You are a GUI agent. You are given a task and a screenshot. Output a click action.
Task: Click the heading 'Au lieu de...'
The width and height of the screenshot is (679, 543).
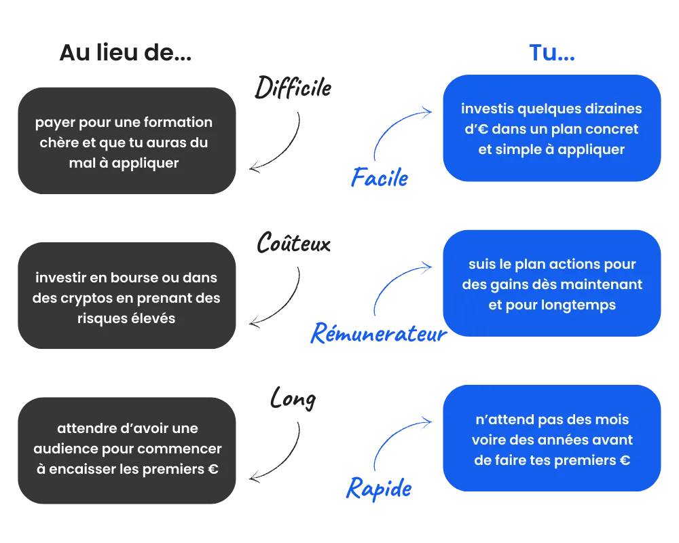pyautogui.click(x=125, y=53)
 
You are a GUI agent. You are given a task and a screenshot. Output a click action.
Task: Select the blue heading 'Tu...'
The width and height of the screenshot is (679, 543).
pyautogui.click(x=552, y=53)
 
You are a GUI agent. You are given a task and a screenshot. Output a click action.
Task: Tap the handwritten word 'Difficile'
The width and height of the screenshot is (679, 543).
pyautogui.click(x=293, y=88)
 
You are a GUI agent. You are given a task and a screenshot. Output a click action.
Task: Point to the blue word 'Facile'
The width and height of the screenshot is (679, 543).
pyautogui.click(x=380, y=178)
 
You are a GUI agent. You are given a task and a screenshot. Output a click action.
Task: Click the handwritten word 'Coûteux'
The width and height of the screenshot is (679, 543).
pyautogui.click(x=293, y=242)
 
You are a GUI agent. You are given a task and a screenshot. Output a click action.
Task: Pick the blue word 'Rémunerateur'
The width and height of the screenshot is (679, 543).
pyautogui.click(x=378, y=333)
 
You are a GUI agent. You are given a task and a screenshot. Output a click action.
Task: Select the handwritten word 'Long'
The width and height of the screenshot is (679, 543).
pyautogui.click(x=293, y=399)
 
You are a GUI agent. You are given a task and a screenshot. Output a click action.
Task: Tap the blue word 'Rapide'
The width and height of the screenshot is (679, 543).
pyautogui.click(x=379, y=489)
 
